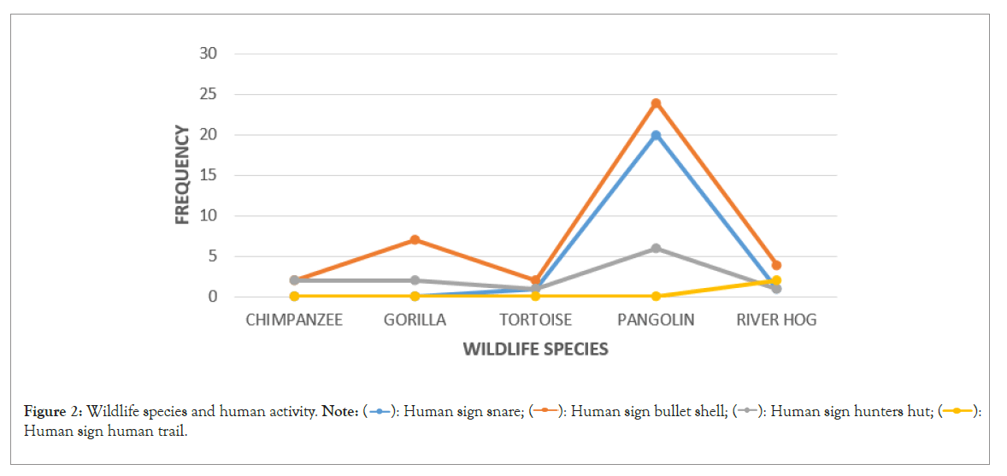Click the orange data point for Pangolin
tap(656, 103)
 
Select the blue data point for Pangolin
tap(656, 135)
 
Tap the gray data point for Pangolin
tap(656, 249)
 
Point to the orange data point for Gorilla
tap(415, 239)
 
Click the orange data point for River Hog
tap(776, 265)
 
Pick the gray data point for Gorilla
tap(415, 280)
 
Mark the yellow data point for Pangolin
tap(656, 297)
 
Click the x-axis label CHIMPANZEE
tap(294, 320)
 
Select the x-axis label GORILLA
tap(415, 320)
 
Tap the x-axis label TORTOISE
tap(535, 320)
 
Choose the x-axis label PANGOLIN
tap(656, 320)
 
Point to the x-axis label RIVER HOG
tap(776, 320)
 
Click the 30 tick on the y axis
tap(209, 53)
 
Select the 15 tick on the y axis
tap(209, 175)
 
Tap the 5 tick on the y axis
tap(212, 256)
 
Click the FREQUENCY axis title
tap(182, 174)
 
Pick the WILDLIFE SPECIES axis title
tap(535, 350)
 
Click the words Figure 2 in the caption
tap(52, 412)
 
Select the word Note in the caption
tap(339, 412)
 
